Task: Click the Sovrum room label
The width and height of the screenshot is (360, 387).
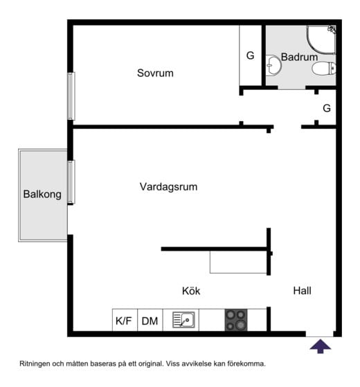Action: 155,73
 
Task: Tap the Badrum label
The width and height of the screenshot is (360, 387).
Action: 299,57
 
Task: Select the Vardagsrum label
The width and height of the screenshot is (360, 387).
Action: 169,187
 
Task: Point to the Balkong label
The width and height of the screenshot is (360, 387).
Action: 42,195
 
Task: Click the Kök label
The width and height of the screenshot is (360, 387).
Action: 191,291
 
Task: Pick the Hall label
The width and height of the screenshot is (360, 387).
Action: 302,291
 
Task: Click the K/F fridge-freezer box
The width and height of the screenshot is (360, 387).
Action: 124,321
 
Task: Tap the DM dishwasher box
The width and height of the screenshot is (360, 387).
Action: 150,321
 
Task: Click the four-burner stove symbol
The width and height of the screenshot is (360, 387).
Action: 235,320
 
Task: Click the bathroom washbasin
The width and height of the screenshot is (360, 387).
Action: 273,66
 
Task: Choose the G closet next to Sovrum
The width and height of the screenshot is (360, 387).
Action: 251,55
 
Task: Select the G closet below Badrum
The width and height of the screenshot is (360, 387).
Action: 327,108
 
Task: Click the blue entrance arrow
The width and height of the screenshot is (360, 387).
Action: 320,345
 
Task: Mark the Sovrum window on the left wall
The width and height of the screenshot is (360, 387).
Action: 70,96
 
